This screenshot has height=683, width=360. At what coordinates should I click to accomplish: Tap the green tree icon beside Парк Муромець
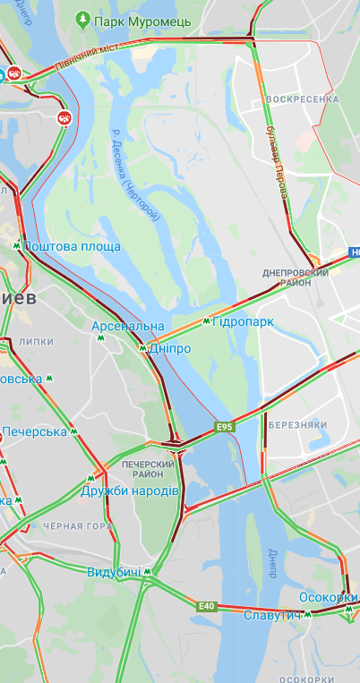click(x=83, y=18)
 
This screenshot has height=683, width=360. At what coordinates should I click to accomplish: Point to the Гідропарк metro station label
click(x=243, y=321)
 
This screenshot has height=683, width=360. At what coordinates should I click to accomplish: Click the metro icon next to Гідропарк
click(x=206, y=321)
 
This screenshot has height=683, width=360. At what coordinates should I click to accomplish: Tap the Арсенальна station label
click(x=128, y=326)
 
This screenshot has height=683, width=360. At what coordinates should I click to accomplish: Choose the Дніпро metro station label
click(x=169, y=348)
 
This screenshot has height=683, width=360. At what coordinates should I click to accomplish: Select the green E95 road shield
click(x=224, y=427)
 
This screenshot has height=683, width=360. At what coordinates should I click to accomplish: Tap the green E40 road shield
click(x=207, y=606)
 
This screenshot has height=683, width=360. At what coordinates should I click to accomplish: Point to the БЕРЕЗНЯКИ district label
click(x=301, y=424)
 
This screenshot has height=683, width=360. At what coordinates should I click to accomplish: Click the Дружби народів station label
click(x=130, y=491)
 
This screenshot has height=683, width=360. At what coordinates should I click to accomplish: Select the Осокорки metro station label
click(x=328, y=598)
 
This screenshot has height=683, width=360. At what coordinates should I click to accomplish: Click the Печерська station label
click(x=34, y=431)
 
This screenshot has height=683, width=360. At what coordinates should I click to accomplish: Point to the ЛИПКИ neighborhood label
click(x=36, y=341)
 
